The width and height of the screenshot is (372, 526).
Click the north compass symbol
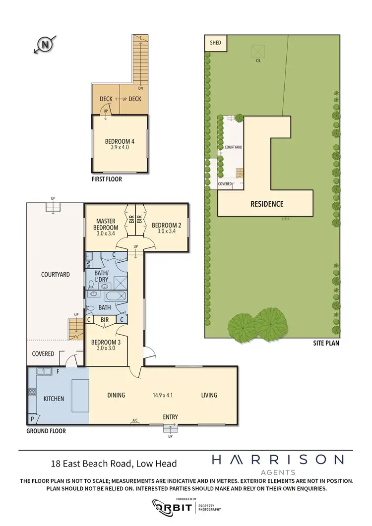[x=45, y=45]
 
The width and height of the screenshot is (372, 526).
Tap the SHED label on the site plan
[x=216, y=43]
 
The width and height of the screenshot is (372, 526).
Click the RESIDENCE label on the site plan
[x=267, y=204]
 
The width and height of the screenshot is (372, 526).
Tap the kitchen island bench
[x=79, y=395]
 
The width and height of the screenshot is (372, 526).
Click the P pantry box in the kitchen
[x=33, y=419]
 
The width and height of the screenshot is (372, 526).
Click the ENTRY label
[x=170, y=417]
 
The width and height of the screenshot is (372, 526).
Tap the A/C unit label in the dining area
[x=134, y=421]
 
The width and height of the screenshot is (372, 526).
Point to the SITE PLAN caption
[x=326, y=343]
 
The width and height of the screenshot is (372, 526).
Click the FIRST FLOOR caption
[x=106, y=179]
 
